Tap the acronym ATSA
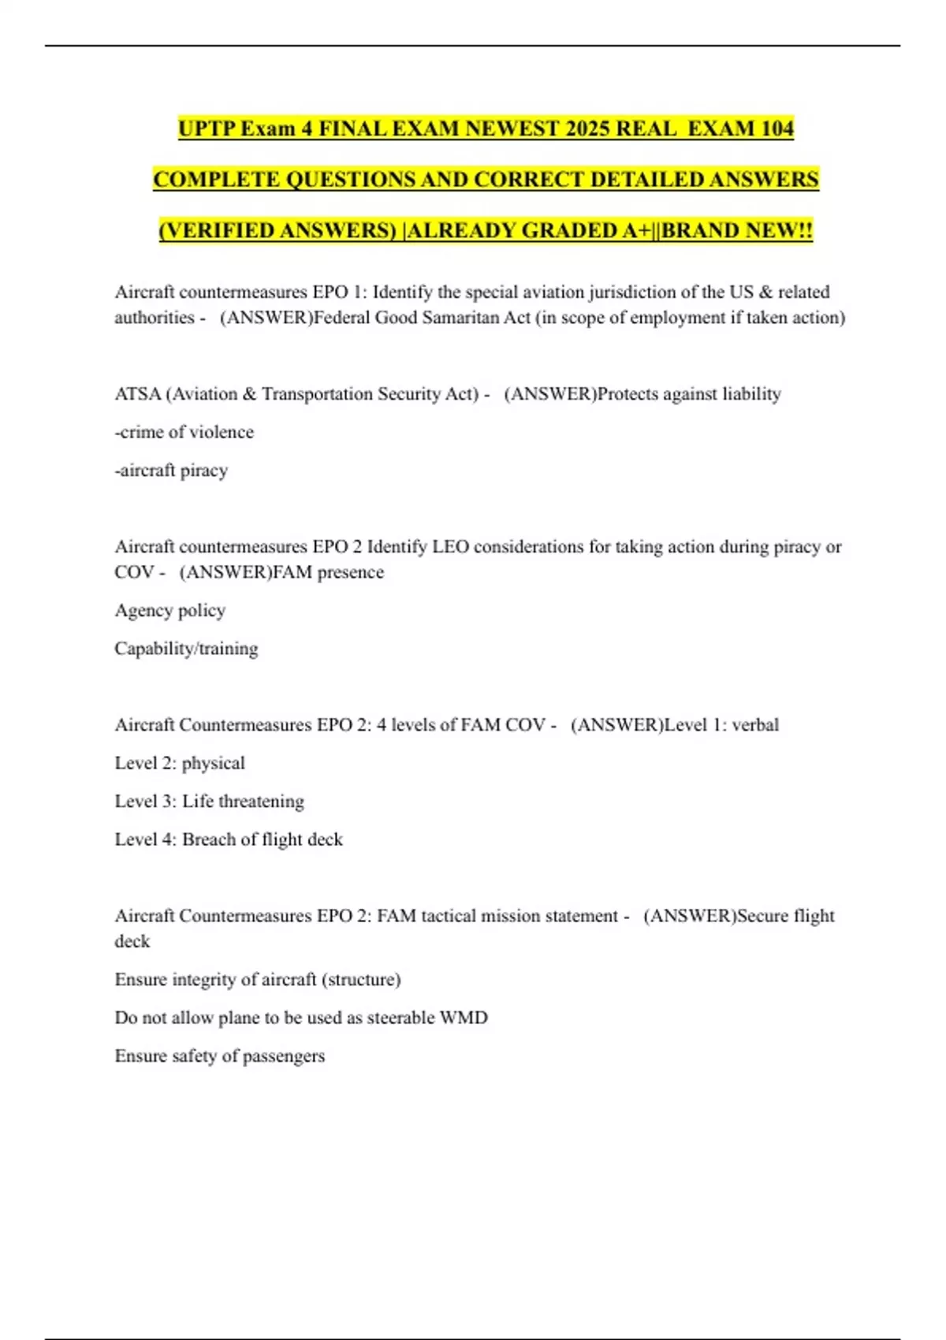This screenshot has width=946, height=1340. (x=137, y=394)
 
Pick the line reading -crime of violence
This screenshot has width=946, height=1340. (x=184, y=432)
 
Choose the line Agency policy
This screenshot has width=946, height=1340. (x=169, y=611)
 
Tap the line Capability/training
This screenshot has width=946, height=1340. (x=186, y=649)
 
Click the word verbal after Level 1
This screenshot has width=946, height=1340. (x=755, y=725)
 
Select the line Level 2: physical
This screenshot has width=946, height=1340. (x=180, y=763)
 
